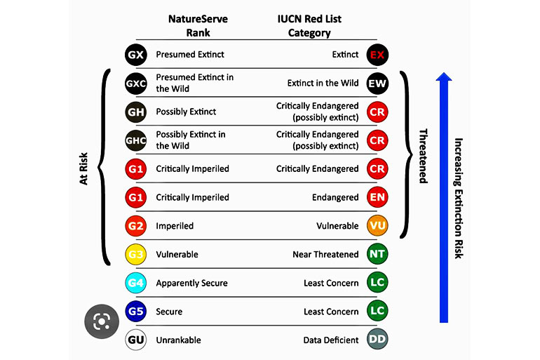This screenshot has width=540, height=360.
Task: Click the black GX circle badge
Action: point(135,55)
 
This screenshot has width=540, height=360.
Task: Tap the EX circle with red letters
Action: point(377,55)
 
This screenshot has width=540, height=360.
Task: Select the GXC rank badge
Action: point(135,84)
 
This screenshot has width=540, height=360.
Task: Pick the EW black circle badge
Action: point(377,84)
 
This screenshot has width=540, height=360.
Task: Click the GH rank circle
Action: point(135,112)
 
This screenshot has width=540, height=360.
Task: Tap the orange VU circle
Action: point(377,226)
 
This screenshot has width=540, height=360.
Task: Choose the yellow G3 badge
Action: point(135,254)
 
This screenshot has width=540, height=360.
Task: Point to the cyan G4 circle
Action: point(135,283)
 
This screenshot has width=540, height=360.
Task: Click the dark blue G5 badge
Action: point(135,311)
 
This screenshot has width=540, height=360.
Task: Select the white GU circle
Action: point(135,340)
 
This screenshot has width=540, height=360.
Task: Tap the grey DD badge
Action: point(377,340)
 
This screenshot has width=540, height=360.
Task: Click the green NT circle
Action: point(377,254)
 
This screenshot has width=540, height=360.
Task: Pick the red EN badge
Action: point(377,197)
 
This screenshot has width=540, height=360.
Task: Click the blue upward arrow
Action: point(444,197)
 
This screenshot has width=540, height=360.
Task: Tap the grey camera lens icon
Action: point(102,321)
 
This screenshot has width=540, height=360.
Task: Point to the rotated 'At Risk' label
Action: point(83,169)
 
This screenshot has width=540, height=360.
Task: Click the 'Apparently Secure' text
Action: point(192,284)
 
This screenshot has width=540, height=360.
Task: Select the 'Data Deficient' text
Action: point(331,340)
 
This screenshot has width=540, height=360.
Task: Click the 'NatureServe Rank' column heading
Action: point(198,26)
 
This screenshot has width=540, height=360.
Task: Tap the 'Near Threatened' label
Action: point(326,254)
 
